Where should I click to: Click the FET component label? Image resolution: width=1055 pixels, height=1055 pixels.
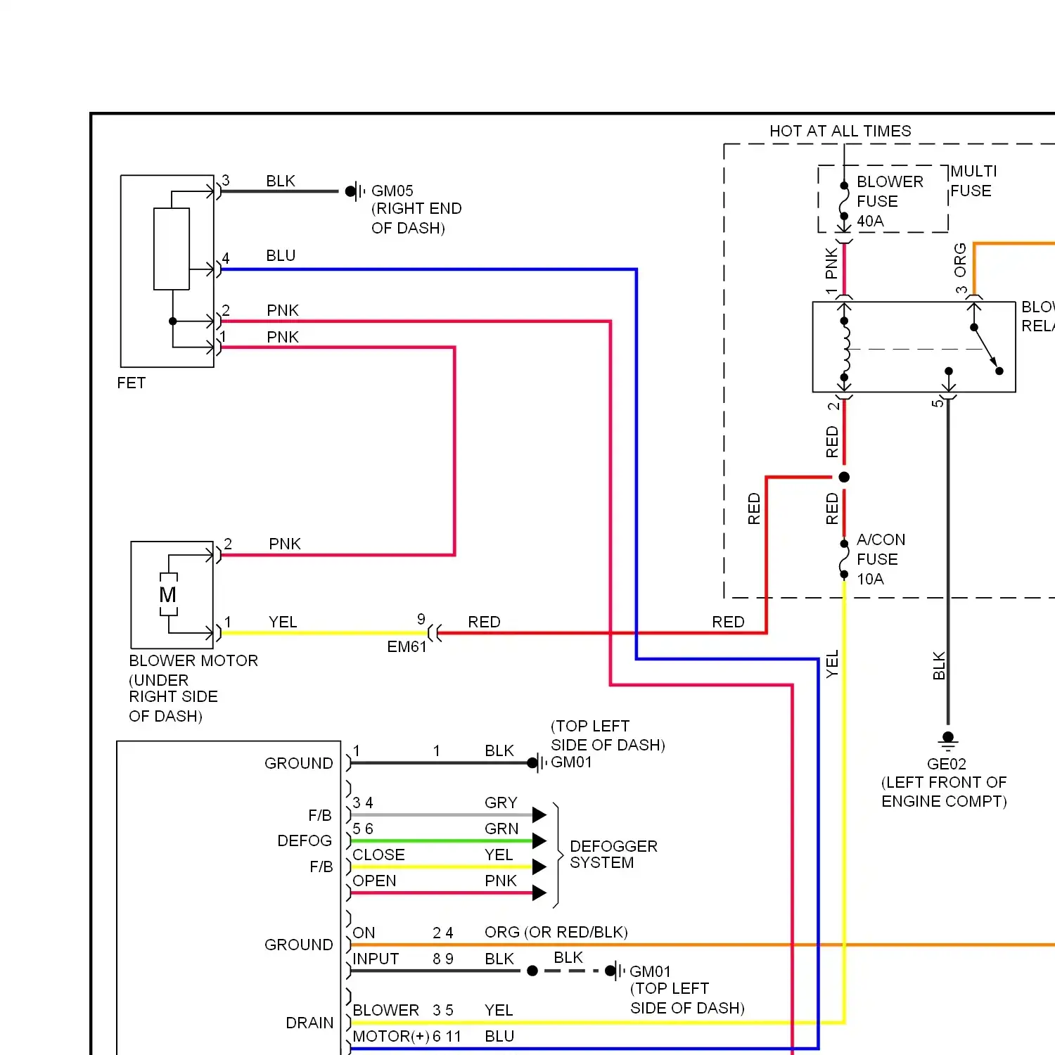(132, 383)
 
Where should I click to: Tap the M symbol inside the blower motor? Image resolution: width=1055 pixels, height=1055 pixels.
(168, 595)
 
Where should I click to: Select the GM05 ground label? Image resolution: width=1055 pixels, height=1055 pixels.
(392, 191)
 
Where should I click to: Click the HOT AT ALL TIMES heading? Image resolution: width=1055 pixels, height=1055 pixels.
(840, 132)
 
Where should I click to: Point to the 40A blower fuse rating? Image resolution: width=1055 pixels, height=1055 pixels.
(870, 222)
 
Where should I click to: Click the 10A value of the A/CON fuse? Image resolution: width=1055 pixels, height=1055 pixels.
(870, 580)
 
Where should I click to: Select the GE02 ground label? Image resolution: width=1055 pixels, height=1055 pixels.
(947, 764)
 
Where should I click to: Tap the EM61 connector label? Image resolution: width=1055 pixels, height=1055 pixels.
(407, 647)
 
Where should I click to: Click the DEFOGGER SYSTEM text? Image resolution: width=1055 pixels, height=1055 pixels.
(613, 855)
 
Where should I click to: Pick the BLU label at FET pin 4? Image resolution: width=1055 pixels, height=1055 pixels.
(281, 256)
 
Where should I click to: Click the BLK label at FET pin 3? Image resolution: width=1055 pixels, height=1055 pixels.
(281, 181)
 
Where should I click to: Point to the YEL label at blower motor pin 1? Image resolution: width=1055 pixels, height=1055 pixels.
(283, 622)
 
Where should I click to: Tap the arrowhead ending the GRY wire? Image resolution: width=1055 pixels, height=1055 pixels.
(539, 815)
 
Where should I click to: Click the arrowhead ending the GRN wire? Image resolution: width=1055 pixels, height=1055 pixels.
(539, 841)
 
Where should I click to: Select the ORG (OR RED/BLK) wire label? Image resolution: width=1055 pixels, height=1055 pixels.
(556, 933)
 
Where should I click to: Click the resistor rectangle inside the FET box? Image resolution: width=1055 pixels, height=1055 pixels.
(172, 249)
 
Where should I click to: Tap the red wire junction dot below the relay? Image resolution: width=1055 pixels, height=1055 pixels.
(844, 478)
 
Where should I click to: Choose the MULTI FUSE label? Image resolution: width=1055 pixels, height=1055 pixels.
(973, 181)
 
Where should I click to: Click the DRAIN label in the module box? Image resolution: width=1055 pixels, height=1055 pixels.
(309, 1023)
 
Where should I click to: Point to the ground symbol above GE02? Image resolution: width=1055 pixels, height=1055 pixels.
(948, 740)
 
